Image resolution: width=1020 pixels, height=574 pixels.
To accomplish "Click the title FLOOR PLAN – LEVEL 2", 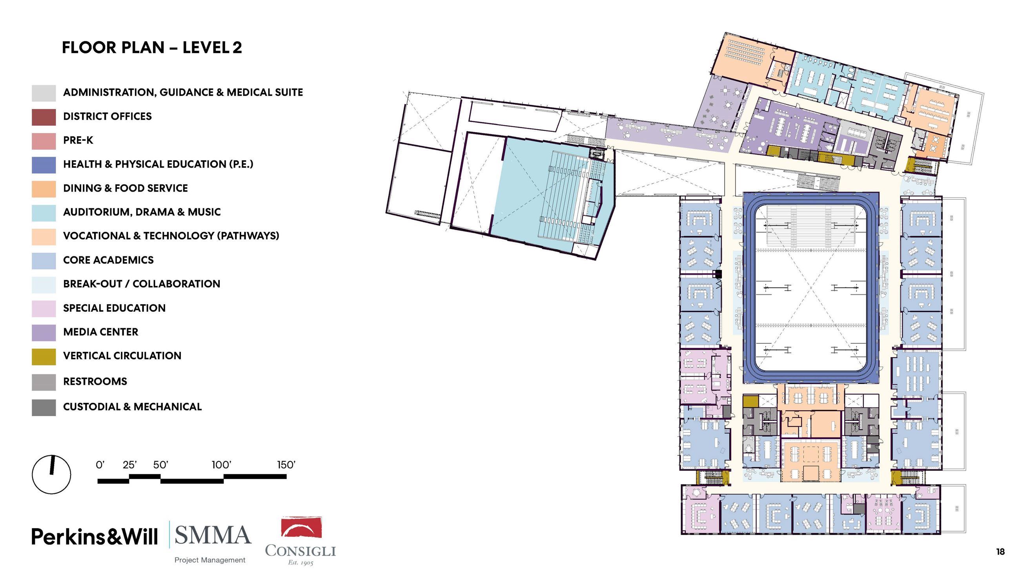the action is (x=152, y=48).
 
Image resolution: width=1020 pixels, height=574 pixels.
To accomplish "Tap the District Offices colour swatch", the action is (x=44, y=117).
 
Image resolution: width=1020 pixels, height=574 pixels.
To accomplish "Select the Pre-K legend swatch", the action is (x=44, y=141).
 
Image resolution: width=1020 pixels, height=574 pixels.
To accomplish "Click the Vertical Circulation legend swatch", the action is (x=44, y=356).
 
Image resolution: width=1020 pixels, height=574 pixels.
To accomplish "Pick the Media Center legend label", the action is (x=100, y=332).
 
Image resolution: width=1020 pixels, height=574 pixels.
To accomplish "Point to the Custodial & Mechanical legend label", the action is (x=132, y=407).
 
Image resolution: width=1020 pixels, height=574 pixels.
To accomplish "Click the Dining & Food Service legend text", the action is (x=126, y=188).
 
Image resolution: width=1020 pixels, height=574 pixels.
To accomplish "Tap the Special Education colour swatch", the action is (x=44, y=308).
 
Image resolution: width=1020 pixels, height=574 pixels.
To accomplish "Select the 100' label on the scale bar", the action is (x=221, y=465).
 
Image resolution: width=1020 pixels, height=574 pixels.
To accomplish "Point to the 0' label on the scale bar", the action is (x=100, y=465).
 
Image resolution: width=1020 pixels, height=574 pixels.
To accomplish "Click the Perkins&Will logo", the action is (x=95, y=537).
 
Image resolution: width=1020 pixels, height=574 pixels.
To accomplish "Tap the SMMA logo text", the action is (x=213, y=535).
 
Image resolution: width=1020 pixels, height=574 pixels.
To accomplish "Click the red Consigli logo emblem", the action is (x=301, y=527).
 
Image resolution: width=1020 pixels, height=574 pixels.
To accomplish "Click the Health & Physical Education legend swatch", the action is (x=44, y=165).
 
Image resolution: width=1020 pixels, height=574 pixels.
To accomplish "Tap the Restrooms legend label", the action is (x=95, y=382).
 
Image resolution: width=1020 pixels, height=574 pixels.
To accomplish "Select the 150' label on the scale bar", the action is (x=286, y=465).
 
